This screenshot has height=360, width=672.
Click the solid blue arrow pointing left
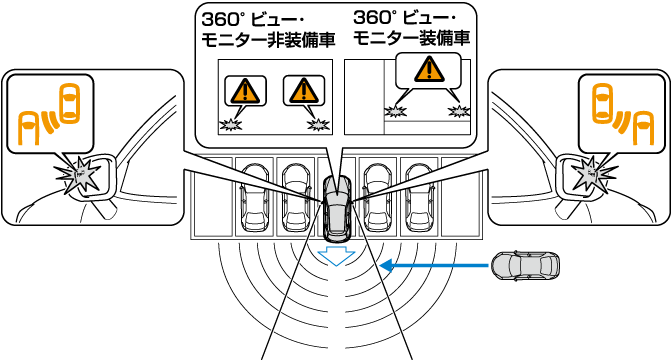435,266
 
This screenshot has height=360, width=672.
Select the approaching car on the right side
525,266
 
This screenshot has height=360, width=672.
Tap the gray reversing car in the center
337,208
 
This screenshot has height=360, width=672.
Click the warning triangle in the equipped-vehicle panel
429,69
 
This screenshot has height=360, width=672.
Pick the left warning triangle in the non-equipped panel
245,90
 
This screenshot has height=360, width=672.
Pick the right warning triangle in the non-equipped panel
303,90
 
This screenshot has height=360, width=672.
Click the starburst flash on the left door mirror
81,176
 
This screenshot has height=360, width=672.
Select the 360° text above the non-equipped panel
218,19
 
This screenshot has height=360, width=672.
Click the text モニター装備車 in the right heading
412,38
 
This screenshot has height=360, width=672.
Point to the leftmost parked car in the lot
255,198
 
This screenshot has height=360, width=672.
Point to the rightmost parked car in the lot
421,198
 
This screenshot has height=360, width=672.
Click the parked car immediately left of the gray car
296,198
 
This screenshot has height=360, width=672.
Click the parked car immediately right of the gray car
379,198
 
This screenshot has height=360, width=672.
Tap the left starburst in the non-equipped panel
231,125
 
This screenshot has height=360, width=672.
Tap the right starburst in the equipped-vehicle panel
459,111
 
